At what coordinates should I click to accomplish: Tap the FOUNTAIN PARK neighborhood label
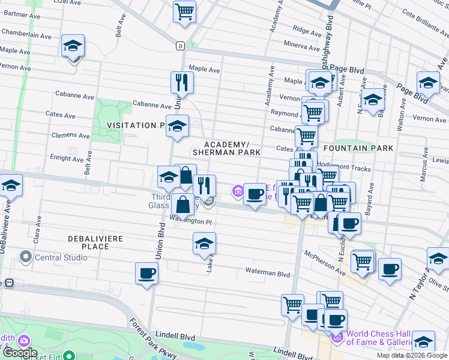pos(358,148)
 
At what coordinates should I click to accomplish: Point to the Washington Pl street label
pos(191,221)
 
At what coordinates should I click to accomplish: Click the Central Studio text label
pos(61,258)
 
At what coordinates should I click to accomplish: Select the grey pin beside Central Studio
pos(25,258)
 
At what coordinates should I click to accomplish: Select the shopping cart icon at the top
pos(184,11)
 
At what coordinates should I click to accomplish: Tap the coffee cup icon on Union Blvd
pos(147,274)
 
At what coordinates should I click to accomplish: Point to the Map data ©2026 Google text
pos(412,355)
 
